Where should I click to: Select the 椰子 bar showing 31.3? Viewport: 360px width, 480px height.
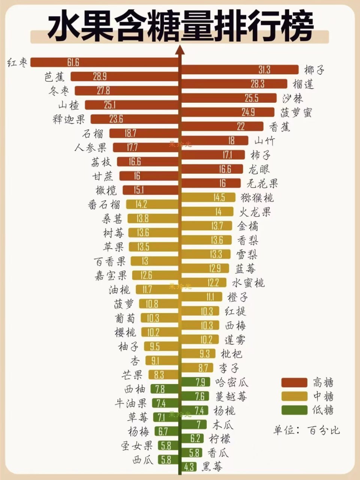(x=240, y=70)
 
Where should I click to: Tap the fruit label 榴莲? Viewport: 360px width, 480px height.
(x=303, y=84)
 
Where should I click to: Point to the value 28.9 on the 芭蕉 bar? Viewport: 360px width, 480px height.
(x=100, y=76)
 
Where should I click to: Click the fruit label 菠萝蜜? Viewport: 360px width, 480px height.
(x=296, y=112)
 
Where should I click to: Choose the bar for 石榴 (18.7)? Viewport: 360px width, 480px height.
(x=144, y=133)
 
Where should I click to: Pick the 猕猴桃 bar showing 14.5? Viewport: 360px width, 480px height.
(x=209, y=197)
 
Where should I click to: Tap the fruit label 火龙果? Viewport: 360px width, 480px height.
(x=255, y=212)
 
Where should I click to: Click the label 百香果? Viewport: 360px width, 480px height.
(x=109, y=261)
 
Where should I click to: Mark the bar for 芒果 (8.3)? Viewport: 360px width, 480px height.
(x=163, y=375)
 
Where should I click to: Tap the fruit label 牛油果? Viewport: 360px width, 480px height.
(x=130, y=403)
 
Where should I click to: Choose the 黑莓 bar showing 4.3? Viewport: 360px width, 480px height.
(x=190, y=467)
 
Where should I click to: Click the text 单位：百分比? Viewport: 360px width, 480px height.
(x=306, y=430)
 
